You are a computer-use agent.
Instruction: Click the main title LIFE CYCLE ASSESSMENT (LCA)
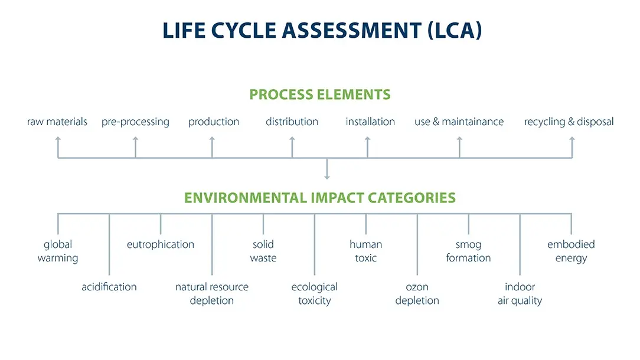pos(322,31)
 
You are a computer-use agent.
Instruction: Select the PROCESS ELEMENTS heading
pos(320,94)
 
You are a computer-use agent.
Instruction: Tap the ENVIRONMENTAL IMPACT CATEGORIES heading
pos(320,198)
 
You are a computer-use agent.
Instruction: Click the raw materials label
pos(57,122)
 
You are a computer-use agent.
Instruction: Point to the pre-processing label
pos(136,122)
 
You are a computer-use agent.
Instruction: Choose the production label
pos(214,122)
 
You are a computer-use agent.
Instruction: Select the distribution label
pos(292,122)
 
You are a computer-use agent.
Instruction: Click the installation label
pos(370,122)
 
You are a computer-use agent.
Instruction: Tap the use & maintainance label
pos(459,122)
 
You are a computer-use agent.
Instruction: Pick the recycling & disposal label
pos(569,122)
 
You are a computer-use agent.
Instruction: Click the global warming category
pos(58,251)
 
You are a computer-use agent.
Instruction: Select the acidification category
pos(109,287)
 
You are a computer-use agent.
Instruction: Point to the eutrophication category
pos(161,244)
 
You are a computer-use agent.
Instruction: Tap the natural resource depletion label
pos(212,294)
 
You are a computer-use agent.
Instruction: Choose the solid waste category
pos(263,251)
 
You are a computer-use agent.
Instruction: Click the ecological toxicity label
pos(315,294)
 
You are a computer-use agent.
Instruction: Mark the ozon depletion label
pos(417,294)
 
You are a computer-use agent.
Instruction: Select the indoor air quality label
pos(520,294)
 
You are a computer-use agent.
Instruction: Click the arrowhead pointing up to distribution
pos(292,139)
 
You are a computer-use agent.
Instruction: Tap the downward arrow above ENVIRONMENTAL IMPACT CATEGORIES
pos(327,169)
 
